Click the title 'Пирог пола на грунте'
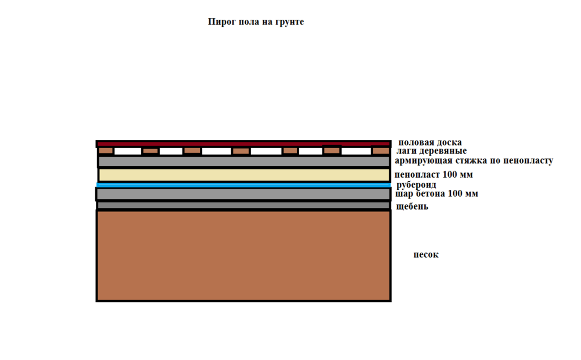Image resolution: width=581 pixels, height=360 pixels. coord(256,22)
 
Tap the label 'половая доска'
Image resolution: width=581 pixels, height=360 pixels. coord(430,143)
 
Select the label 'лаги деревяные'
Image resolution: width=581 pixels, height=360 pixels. coord(431,151)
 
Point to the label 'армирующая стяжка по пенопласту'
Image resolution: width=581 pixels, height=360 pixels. coord(474,161)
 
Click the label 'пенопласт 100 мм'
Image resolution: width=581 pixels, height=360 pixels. coord(433,174)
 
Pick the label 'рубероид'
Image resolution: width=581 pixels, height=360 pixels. coord(416,185)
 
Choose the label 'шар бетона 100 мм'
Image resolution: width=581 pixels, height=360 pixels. coord(436,194)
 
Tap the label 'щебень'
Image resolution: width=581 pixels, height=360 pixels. coord(412,207)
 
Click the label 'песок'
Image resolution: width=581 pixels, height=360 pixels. coord(426,255)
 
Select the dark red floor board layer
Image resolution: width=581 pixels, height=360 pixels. coord(243,143)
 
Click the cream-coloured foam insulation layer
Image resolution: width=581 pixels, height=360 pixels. coord(244,175)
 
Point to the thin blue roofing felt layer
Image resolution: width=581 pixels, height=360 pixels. coord(243,185)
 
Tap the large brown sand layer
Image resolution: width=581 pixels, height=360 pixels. coord(243,255)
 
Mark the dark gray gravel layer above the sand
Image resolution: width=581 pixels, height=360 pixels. coord(243,205)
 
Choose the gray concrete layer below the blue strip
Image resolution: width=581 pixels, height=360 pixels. coord(243,194)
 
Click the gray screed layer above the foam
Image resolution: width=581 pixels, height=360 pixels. coord(244,161)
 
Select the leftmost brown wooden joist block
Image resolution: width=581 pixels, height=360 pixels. coord(106,151)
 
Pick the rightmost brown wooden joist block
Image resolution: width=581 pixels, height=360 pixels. coord(381,151)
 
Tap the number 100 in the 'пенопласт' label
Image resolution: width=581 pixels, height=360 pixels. coord(450,174)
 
